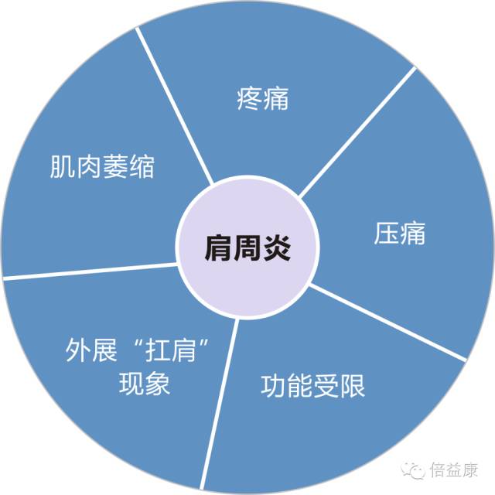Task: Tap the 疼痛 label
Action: pos(263,99)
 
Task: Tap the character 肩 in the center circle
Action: pos(218,248)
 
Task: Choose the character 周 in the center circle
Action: pos(247,248)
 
